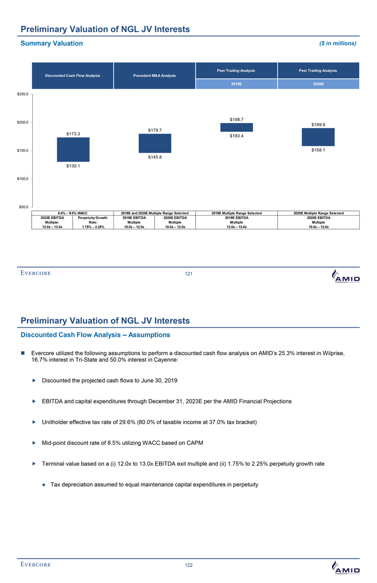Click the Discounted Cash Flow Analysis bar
(73, 149)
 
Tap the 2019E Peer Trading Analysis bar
(237, 127)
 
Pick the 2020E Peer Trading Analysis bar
(318, 137)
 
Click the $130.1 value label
(73, 166)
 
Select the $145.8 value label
(155, 158)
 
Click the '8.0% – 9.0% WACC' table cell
(73, 213)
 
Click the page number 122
(188, 565)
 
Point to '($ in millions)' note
(337, 43)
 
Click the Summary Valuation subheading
(52, 43)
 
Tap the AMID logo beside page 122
(345, 567)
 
